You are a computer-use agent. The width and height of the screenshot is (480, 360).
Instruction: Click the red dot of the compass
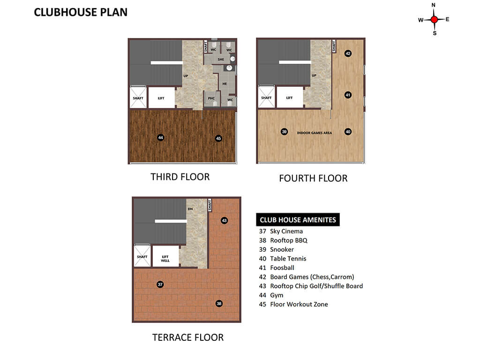pyautogui.click(x=434, y=20)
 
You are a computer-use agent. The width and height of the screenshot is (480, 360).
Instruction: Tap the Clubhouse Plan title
pyautogui.click(x=81, y=12)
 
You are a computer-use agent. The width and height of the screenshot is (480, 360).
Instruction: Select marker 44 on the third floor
pyautogui.click(x=160, y=137)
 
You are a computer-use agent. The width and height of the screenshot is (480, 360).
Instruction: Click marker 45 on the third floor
pyautogui.click(x=218, y=138)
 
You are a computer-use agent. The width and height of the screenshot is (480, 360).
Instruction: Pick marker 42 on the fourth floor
pyautogui.click(x=348, y=53)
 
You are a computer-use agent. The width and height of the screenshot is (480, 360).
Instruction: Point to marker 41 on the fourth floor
pyautogui.click(x=348, y=95)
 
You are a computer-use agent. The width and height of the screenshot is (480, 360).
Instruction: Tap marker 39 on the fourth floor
pyautogui.click(x=284, y=132)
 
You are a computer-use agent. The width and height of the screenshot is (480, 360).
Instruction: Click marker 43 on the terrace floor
pyautogui.click(x=224, y=220)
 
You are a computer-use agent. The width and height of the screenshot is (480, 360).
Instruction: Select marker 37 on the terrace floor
pyautogui.click(x=160, y=285)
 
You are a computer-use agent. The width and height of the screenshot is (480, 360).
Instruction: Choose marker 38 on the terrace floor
pyautogui.click(x=219, y=303)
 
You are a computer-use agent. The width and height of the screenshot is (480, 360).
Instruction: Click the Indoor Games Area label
pyautogui.click(x=315, y=133)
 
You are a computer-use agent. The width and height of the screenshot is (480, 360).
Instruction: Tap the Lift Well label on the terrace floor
pyautogui.click(x=165, y=259)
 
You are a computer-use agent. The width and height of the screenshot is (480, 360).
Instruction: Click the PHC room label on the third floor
pyautogui.click(x=211, y=98)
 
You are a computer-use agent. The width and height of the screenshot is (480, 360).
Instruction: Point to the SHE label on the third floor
pyautogui.click(x=221, y=60)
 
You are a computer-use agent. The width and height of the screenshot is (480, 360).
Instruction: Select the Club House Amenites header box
pyautogui.click(x=298, y=219)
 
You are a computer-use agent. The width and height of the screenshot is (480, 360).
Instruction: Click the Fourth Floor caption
pyautogui.click(x=313, y=178)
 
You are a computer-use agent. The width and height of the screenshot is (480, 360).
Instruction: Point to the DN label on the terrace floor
pyautogui.click(x=190, y=209)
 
